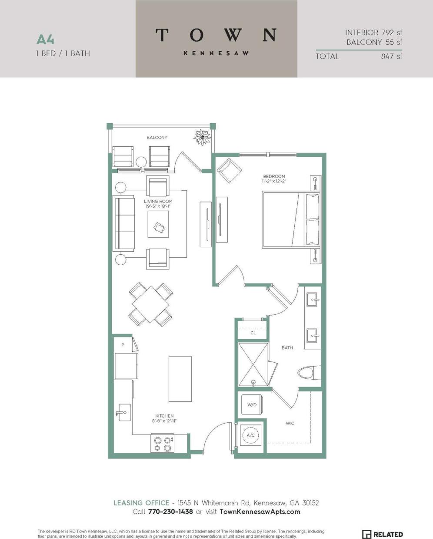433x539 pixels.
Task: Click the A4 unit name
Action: [45, 40]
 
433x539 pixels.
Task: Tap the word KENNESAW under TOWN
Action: [216, 53]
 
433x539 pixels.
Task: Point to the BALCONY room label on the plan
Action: [157, 138]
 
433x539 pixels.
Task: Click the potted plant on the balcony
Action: [203, 138]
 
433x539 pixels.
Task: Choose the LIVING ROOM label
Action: [158, 202]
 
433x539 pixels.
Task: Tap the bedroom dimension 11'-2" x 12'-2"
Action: [274, 181]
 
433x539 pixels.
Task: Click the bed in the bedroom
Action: [290, 219]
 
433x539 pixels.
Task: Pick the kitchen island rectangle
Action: [180, 379]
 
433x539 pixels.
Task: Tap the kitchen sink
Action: [123, 411]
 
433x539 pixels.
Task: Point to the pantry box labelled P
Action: [123, 344]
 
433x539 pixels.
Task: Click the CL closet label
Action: [253, 333]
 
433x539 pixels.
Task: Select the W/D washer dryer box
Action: [252, 404]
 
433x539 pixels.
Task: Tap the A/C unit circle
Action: [251, 435]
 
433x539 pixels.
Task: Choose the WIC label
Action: [290, 423]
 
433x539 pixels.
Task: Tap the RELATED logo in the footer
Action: [383, 534]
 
